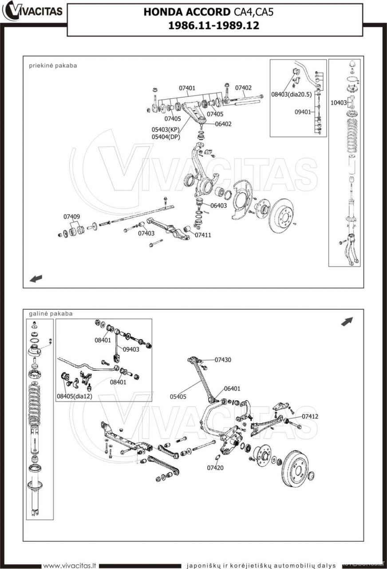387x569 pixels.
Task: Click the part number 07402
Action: pyautogui.click(x=243, y=88)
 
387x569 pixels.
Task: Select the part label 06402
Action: pyautogui.click(x=223, y=124)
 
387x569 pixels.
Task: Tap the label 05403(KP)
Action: pyautogui.click(x=166, y=130)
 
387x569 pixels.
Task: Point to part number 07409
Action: pyautogui.click(x=71, y=216)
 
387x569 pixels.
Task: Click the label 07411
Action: pyautogui.click(x=203, y=235)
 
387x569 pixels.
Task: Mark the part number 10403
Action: pyautogui.click(x=338, y=103)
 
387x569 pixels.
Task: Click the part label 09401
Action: pyautogui.click(x=303, y=112)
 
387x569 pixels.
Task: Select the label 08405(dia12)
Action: pyautogui.click(x=74, y=396)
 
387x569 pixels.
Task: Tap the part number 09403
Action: pyautogui.click(x=131, y=349)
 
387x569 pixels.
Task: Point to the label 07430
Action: pyautogui.click(x=223, y=360)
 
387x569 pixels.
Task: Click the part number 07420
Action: pyautogui.click(x=215, y=468)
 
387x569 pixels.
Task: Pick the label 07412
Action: pyautogui.click(x=310, y=417)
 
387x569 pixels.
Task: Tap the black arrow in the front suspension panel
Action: pyautogui.click(x=36, y=279)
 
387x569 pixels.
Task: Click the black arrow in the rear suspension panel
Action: pyautogui.click(x=347, y=321)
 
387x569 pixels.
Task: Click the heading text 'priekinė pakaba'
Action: pyautogui.click(x=53, y=65)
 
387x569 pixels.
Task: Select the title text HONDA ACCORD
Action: pyautogui.click(x=186, y=12)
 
